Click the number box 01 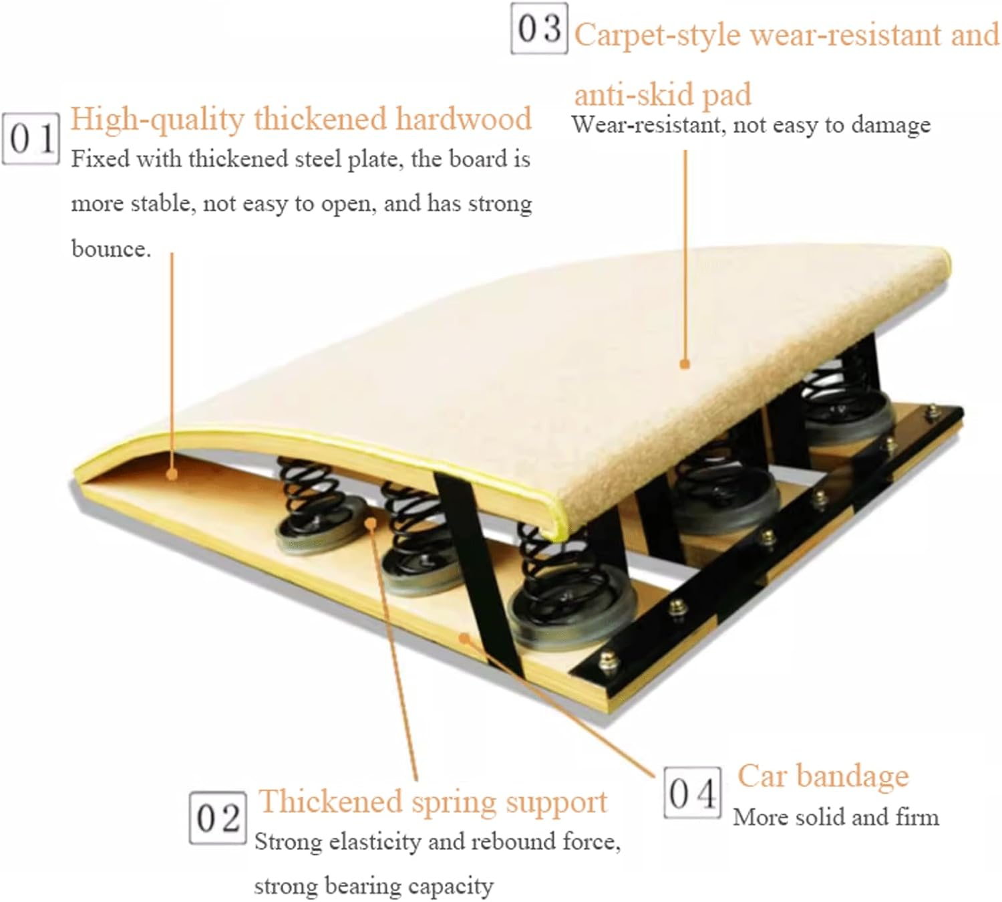(31, 139)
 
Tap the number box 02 (218, 817)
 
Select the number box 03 (539, 28)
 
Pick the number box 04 (693, 793)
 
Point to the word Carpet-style (657, 35)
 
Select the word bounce (111, 249)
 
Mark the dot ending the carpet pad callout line (685, 364)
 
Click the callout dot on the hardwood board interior (172, 475)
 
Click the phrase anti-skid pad (663, 95)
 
